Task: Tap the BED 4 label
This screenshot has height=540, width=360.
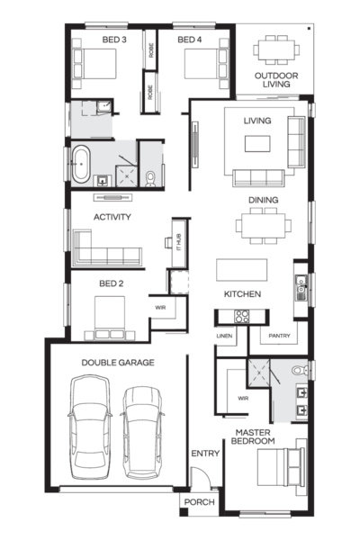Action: [x=190, y=40]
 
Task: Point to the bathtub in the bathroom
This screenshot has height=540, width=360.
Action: [x=82, y=166]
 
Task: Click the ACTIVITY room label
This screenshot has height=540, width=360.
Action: [x=112, y=217]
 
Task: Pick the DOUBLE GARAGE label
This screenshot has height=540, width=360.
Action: [x=118, y=362]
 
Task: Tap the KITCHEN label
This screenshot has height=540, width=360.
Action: [x=242, y=294]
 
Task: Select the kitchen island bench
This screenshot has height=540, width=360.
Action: [x=241, y=270]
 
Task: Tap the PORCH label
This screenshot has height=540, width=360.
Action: [x=198, y=501]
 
